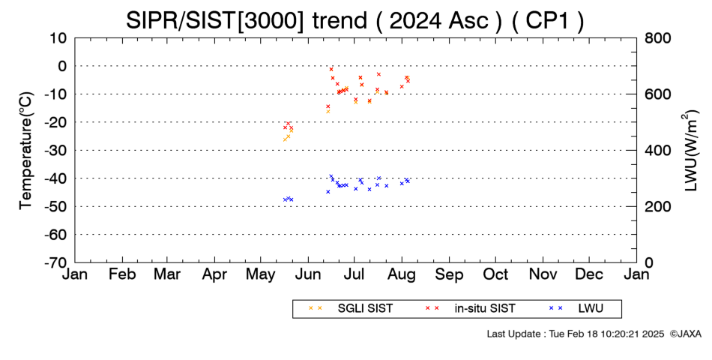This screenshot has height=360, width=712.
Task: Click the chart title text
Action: click(355, 20)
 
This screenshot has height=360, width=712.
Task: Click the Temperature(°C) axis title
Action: click(27, 151)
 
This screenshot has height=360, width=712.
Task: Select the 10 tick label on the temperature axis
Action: click(58, 37)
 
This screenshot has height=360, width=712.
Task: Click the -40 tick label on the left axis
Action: click(55, 178)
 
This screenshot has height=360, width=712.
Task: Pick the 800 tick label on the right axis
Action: click(657, 37)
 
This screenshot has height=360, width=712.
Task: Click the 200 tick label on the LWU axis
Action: click(657, 207)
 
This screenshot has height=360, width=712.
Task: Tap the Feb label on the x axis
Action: click(122, 274)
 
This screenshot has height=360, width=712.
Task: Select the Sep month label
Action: click(450, 274)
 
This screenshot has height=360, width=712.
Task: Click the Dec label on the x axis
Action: click(589, 274)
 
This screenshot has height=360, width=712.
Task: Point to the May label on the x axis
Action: click(261, 274)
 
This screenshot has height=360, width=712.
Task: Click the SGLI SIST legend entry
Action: click(351, 309)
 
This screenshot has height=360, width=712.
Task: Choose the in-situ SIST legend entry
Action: click(471, 309)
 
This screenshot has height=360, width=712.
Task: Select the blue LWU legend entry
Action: click(576, 309)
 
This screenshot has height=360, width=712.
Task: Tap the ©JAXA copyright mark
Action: click(686, 334)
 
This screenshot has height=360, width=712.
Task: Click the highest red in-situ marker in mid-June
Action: click(331, 69)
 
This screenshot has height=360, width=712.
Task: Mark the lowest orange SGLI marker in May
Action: click(285, 139)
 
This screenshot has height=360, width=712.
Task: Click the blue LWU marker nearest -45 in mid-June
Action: click(328, 192)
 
